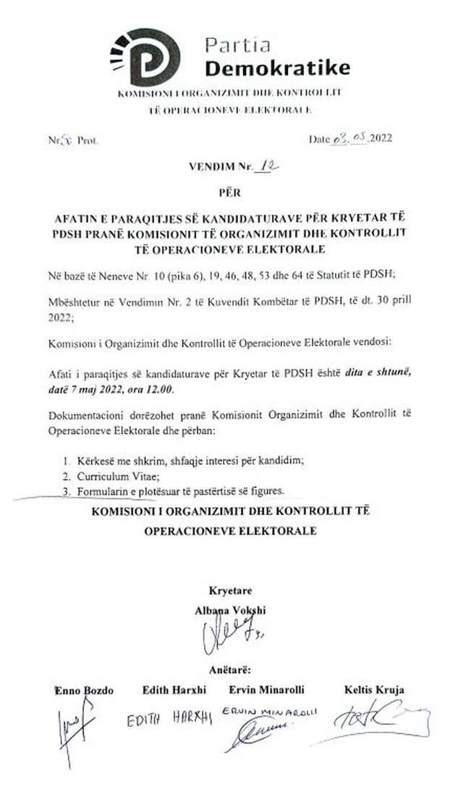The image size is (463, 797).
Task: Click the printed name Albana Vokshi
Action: tap(231, 609)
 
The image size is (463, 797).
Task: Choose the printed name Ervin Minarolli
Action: tap(268, 689)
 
